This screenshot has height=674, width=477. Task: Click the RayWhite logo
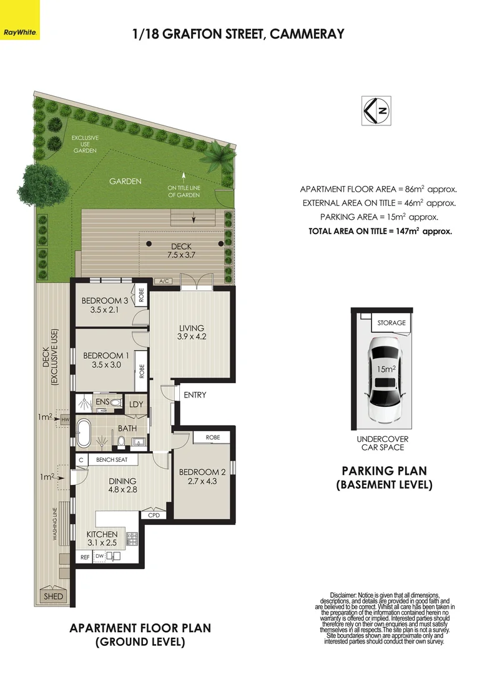[x=19, y=31]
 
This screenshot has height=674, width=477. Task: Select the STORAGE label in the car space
[x=391, y=323]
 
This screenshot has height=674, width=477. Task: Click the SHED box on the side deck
[x=54, y=596]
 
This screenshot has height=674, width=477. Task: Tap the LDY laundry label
[x=136, y=404]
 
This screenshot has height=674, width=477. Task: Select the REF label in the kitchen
[x=84, y=557]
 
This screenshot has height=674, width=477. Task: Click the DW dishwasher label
[x=99, y=556]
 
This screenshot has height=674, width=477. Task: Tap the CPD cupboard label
[x=154, y=515]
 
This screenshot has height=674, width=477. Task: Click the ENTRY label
[x=195, y=395]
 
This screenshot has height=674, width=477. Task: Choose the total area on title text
[x=380, y=231]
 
